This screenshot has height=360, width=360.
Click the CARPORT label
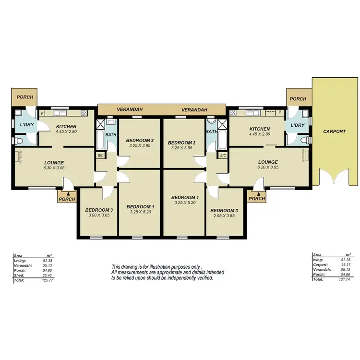[x=335, y=131]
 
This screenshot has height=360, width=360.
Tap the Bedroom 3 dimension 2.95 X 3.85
[x=224, y=216]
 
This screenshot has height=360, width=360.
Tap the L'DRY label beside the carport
[x=297, y=125]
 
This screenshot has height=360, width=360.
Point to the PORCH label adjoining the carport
[x=298, y=99]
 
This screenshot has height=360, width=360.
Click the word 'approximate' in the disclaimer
[x=160, y=272]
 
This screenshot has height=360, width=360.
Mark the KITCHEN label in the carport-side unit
[x=259, y=129]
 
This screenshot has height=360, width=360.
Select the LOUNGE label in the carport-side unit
[x=267, y=162]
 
